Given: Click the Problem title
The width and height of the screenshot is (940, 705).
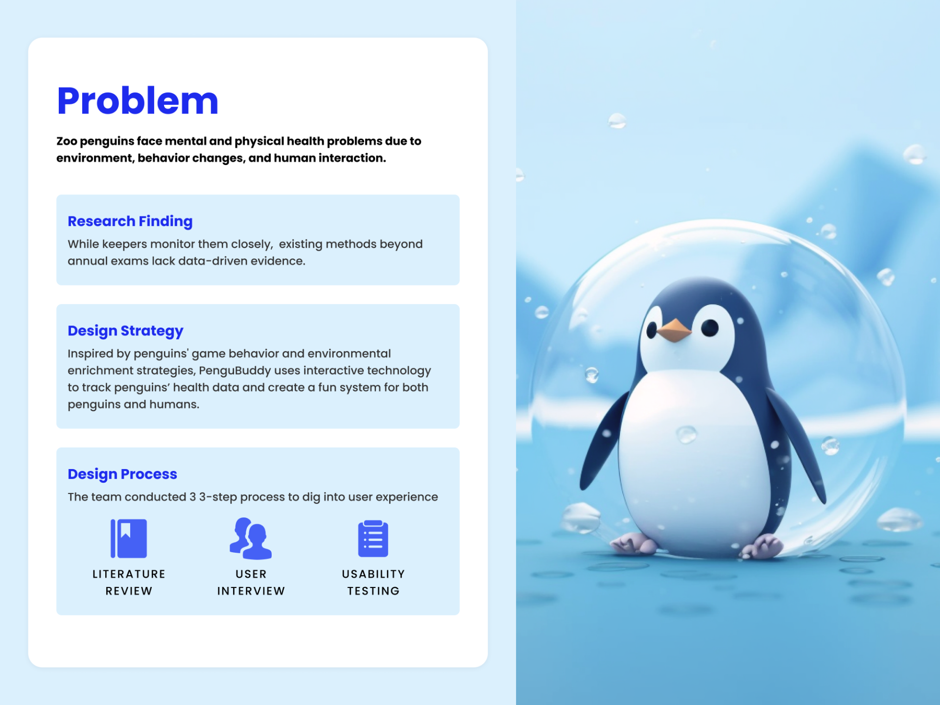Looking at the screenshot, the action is pyautogui.click(x=138, y=101).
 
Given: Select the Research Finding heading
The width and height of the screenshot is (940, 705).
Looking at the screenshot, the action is pyautogui.click(x=130, y=221).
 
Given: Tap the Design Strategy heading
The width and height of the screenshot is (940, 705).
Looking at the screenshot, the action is pyautogui.click(x=125, y=331).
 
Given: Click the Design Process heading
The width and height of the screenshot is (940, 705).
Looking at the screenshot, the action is pyautogui.click(x=122, y=474).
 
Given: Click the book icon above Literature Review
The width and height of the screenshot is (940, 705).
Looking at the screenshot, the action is pyautogui.click(x=129, y=538).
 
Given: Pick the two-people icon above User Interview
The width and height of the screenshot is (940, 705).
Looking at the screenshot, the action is pyautogui.click(x=251, y=539).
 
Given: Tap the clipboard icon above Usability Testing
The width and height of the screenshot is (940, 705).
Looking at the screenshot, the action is pyautogui.click(x=373, y=539).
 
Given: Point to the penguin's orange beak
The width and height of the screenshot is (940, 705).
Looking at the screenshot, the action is pyautogui.click(x=674, y=330).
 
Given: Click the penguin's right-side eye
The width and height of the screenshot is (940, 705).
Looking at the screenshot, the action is pyautogui.click(x=709, y=328).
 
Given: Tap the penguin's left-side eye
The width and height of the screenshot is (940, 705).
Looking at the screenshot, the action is pyautogui.click(x=652, y=330).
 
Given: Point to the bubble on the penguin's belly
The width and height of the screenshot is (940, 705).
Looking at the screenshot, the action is pyautogui.click(x=686, y=434).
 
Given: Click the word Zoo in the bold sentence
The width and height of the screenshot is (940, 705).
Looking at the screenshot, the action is pyautogui.click(x=67, y=141).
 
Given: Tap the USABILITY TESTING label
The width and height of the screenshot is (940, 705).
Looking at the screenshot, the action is pyautogui.click(x=374, y=583).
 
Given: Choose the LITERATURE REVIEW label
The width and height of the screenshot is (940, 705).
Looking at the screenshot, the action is pyautogui.click(x=129, y=583).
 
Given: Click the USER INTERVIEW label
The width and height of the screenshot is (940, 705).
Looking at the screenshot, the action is pyautogui.click(x=251, y=583).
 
